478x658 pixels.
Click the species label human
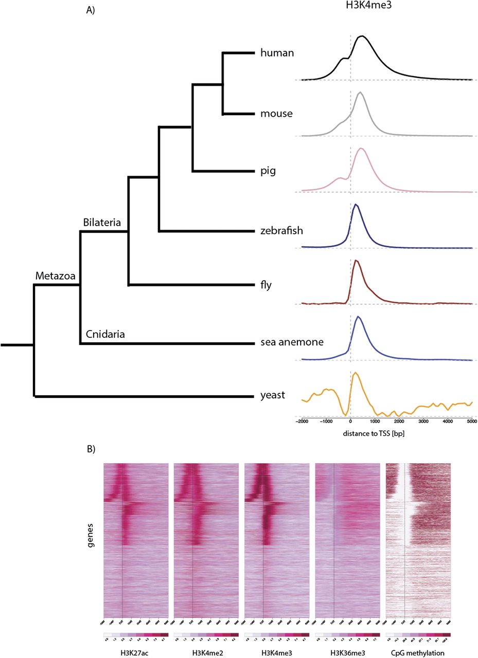pos(277,53)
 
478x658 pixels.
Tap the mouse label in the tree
pos(276,114)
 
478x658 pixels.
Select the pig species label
pos(268,171)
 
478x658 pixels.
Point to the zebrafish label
pos(281,231)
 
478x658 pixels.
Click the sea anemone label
pos(292,342)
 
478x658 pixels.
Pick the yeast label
pos(273,396)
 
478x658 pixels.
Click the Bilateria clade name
pos(102,223)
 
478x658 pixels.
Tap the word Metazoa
pos(55,276)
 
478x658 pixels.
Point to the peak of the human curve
pos(363,36)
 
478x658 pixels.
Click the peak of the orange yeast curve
pos(355,373)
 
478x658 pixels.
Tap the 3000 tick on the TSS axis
pos(423,421)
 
